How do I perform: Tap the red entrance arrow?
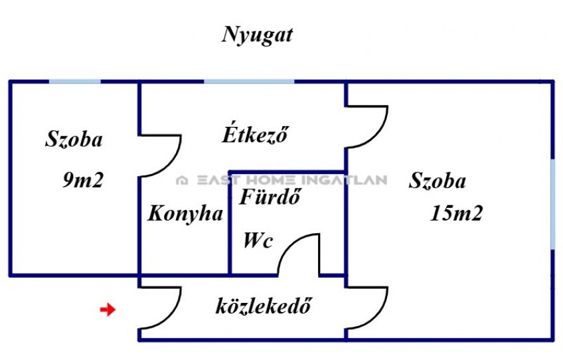point(108,310)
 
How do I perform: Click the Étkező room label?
point(255,134)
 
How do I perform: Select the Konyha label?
point(185,214)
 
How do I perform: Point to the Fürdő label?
point(270,196)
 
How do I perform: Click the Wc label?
point(258,240)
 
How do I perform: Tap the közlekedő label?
point(263,306)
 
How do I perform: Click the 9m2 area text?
point(83,179)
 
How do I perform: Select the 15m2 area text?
point(456,213)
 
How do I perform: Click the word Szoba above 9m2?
point(74,139)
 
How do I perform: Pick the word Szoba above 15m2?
point(438,180)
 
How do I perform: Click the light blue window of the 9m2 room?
point(74,82)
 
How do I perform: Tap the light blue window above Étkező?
point(249,82)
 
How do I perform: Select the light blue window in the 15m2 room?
point(553,205)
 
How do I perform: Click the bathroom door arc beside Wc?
point(288,244)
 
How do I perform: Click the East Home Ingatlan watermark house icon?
point(182,180)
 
